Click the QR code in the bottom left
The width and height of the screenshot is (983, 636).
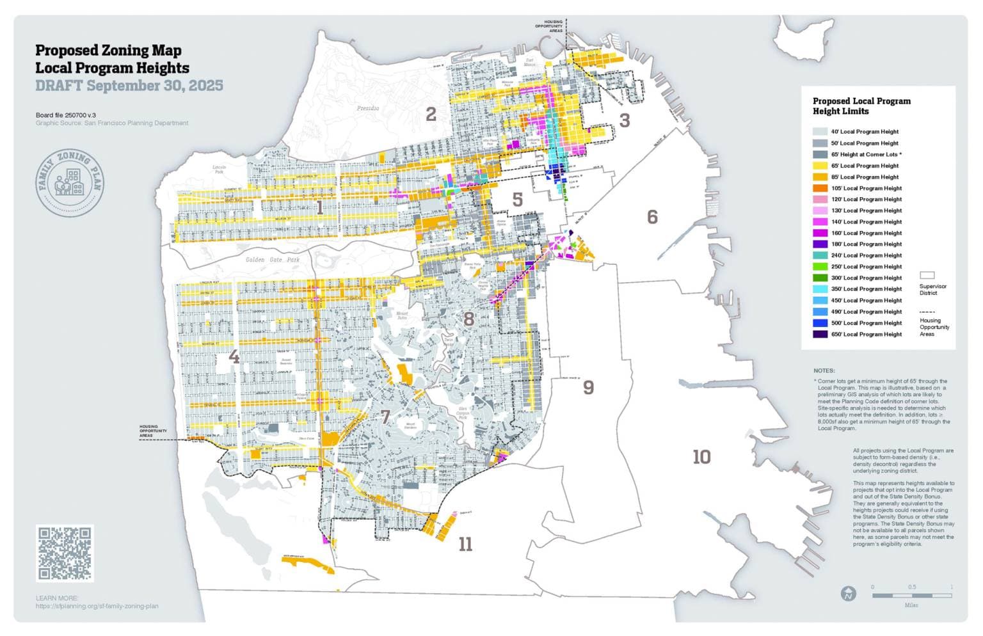pyautogui.click(x=65, y=553)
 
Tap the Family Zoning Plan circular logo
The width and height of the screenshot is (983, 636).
pyautogui.click(x=70, y=184)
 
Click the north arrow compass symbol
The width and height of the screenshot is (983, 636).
pyautogui.click(x=848, y=594)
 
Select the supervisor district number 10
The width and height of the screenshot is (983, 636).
pyautogui.click(x=701, y=457)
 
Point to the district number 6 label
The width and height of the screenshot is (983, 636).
pyautogui.click(x=652, y=217)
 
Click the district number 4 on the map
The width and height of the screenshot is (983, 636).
pyautogui.click(x=234, y=356)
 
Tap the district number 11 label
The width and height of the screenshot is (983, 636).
pyautogui.click(x=465, y=545)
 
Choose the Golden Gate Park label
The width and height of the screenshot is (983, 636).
pyautogui.click(x=273, y=260)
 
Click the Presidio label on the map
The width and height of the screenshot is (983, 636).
pyautogui.click(x=367, y=108)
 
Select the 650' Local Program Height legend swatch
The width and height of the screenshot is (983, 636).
pyautogui.click(x=820, y=334)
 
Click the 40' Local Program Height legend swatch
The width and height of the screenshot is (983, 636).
pyautogui.click(x=820, y=132)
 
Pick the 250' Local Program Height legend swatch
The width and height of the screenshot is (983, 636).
pyautogui.click(x=820, y=267)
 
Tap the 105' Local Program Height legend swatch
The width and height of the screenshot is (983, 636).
pyautogui.click(x=820, y=188)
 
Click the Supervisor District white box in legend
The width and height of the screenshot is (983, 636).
pyautogui.click(x=927, y=275)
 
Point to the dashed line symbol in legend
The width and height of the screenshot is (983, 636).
pyautogui.click(x=927, y=312)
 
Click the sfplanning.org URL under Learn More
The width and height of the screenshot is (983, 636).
pyautogui.click(x=97, y=606)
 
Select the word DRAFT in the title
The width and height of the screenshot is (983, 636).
pyautogui.click(x=59, y=86)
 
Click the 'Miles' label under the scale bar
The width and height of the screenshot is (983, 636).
pyautogui.click(x=911, y=605)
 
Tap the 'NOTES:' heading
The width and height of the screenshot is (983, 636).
pyautogui.click(x=824, y=370)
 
